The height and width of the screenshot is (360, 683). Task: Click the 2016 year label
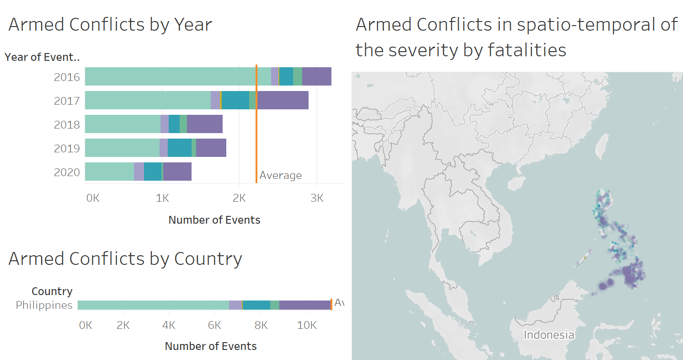(x=67, y=77)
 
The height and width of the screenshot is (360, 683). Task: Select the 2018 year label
(x=67, y=124)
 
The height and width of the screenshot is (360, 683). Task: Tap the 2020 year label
(x=67, y=172)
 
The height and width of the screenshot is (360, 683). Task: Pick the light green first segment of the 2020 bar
(x=109, y=172)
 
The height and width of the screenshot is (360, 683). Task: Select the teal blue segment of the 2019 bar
(x=179, y=148)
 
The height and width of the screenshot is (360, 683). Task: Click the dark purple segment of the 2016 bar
(x=316, y=76)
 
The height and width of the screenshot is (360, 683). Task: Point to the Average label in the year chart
(x=280, y=175)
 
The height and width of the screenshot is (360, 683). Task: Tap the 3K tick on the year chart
(x=316, y=198)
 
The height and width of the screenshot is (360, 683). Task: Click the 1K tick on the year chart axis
(x=162, y=198)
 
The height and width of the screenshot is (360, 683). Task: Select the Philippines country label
(x=44, y=305)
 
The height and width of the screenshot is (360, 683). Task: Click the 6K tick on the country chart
(x=214, y=325)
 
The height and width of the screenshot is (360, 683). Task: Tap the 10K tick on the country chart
(x=307, y=325)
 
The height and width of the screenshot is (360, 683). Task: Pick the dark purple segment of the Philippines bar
(x=304, y=305)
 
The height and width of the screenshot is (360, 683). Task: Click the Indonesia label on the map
(x=548, y=334)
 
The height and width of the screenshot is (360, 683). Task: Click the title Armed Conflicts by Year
(x=110, y=25)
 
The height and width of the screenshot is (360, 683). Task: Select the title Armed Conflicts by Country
(x=125, y=259)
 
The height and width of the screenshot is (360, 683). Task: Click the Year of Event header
(x=42, y=57)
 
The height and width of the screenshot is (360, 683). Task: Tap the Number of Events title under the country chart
(x=211, y=346)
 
